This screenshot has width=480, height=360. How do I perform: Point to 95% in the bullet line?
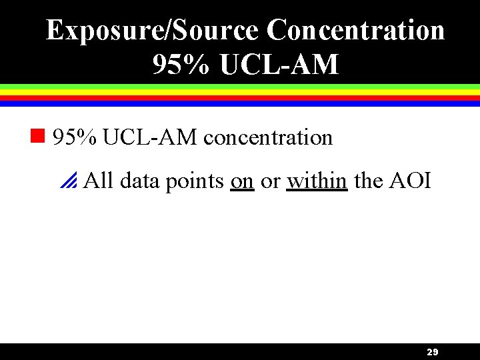click(75, 137)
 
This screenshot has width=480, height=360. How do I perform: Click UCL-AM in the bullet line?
click(150, 137)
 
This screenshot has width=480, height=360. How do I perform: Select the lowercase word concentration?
click(268, 137)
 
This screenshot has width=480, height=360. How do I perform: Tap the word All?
click(99, 180)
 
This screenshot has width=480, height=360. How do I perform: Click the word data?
click(139, 180)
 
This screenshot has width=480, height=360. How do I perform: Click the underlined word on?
click(242, 180)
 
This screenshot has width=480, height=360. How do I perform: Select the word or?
click(270, 180)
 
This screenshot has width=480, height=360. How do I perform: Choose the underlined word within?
click(317, 180)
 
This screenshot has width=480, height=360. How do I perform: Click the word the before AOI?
click(369, 180)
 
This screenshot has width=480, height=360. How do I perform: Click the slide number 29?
click(432, 352)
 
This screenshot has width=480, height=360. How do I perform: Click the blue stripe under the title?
click(240, 103)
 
